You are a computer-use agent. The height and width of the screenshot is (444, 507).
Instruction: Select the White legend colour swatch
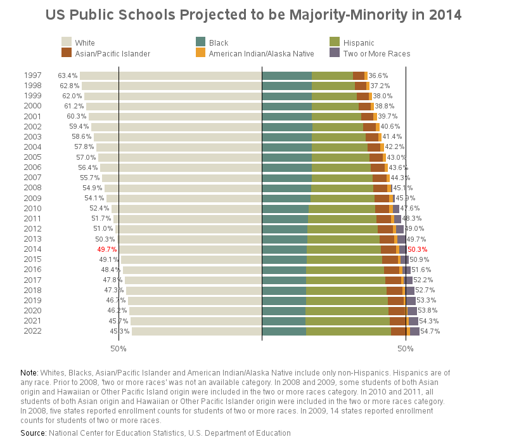(67, 42)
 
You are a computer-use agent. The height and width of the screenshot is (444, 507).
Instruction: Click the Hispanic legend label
(359, 42)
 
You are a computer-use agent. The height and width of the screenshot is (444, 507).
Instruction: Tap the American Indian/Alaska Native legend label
(261, 53)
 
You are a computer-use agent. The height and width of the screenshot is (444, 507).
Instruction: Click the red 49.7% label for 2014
(106, 249)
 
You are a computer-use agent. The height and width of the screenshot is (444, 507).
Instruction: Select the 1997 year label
(32, 75)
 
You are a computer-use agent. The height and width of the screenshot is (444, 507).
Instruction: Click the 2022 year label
(32, 330)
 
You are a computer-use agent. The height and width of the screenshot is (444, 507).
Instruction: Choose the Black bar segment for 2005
(286, 157)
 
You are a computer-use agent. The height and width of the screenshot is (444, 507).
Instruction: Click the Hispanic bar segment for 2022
(348, 330)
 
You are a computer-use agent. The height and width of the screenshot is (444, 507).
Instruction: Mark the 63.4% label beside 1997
(67, 75)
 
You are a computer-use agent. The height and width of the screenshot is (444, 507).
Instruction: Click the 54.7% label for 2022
(430, 330)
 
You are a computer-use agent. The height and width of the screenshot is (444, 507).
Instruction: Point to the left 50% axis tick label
(119, 348)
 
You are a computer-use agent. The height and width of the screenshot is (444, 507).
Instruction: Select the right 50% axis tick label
(406, 348)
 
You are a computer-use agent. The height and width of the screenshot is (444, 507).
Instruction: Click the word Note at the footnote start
(29, 372)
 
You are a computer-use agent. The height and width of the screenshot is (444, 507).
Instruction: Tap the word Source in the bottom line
(33, 433)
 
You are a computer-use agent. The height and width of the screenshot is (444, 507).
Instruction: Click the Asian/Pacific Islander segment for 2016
(391, 270)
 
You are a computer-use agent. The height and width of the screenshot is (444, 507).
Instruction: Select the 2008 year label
(32, 188)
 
